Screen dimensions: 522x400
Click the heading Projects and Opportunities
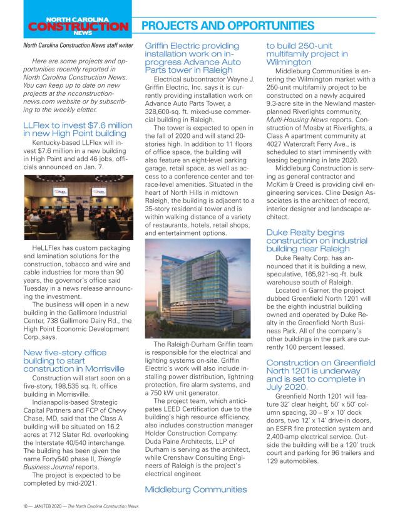point(229,26)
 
